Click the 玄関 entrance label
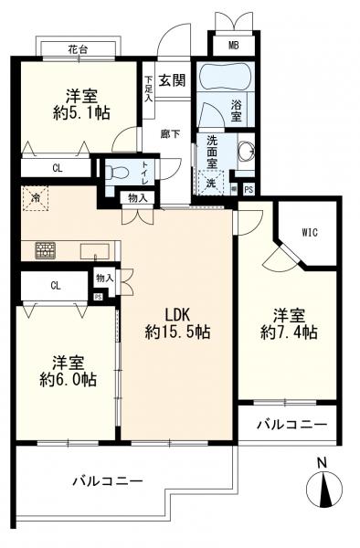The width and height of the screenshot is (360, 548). pos(172,80)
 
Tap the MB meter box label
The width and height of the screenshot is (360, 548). pos(234,45)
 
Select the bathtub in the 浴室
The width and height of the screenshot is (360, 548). pos(225,77)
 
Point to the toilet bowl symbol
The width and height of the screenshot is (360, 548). pos(114,172)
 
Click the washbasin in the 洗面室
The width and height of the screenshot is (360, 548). pos(248,152)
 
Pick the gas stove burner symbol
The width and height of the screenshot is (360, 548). pos(45,250)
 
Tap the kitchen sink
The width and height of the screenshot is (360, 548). pos(95,251)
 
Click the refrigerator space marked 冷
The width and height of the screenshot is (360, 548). pos(35,198)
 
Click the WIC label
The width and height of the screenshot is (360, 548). pos(310,232)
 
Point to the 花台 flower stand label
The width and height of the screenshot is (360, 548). pos(78,50)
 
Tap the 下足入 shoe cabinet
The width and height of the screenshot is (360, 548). pos(149,90)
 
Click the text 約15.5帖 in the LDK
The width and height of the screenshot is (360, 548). pos(177,332)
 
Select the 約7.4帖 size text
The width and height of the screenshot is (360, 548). pos(289,332)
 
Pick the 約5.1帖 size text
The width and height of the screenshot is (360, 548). pos(82,113)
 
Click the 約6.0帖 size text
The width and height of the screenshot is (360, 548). pos(69,380)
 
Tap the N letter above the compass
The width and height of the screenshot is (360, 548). pos(322,463)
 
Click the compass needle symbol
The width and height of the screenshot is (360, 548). pos(325,490)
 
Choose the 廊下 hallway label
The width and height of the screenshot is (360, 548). pos(170,134)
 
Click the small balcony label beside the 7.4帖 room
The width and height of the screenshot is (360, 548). pos(292,425)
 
